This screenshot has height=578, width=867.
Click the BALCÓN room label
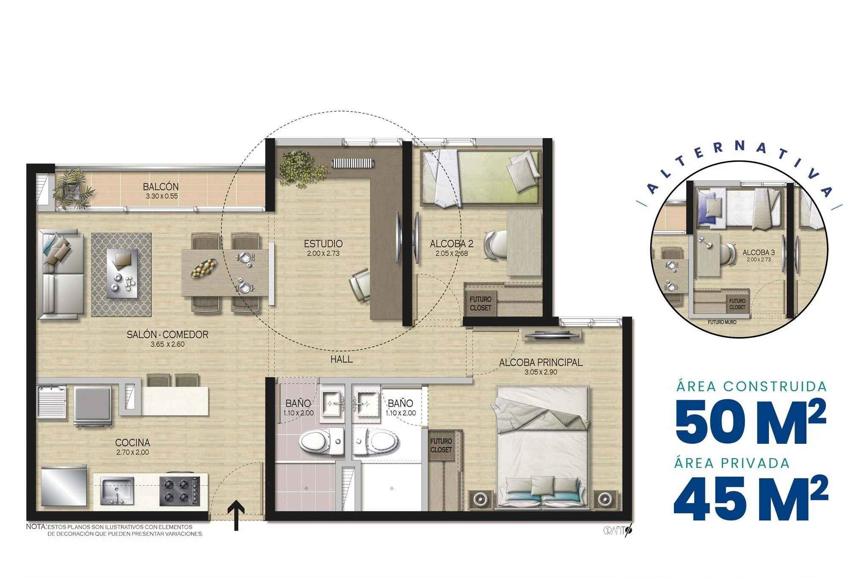[160, 186]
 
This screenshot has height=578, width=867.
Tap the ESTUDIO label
[323, 244]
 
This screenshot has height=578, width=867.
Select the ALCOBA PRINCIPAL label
[541, 362]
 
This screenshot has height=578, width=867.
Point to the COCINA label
[133, 442]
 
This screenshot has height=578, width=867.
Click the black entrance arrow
[236, 516]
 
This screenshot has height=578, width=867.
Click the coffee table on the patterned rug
[121, 273]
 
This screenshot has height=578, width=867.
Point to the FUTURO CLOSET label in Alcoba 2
[480, 304]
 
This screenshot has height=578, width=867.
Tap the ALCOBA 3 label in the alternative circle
[759, 252]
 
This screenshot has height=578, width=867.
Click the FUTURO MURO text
[722, 322]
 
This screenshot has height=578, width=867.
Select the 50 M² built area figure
[751, 421]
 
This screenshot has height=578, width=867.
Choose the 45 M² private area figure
[751, 498]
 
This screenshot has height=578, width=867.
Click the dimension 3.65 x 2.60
[168, 344]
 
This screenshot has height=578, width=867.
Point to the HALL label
[341, 359]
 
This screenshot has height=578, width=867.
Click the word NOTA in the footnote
[36, 527]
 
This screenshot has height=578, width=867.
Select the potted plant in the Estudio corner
[301, 168]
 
